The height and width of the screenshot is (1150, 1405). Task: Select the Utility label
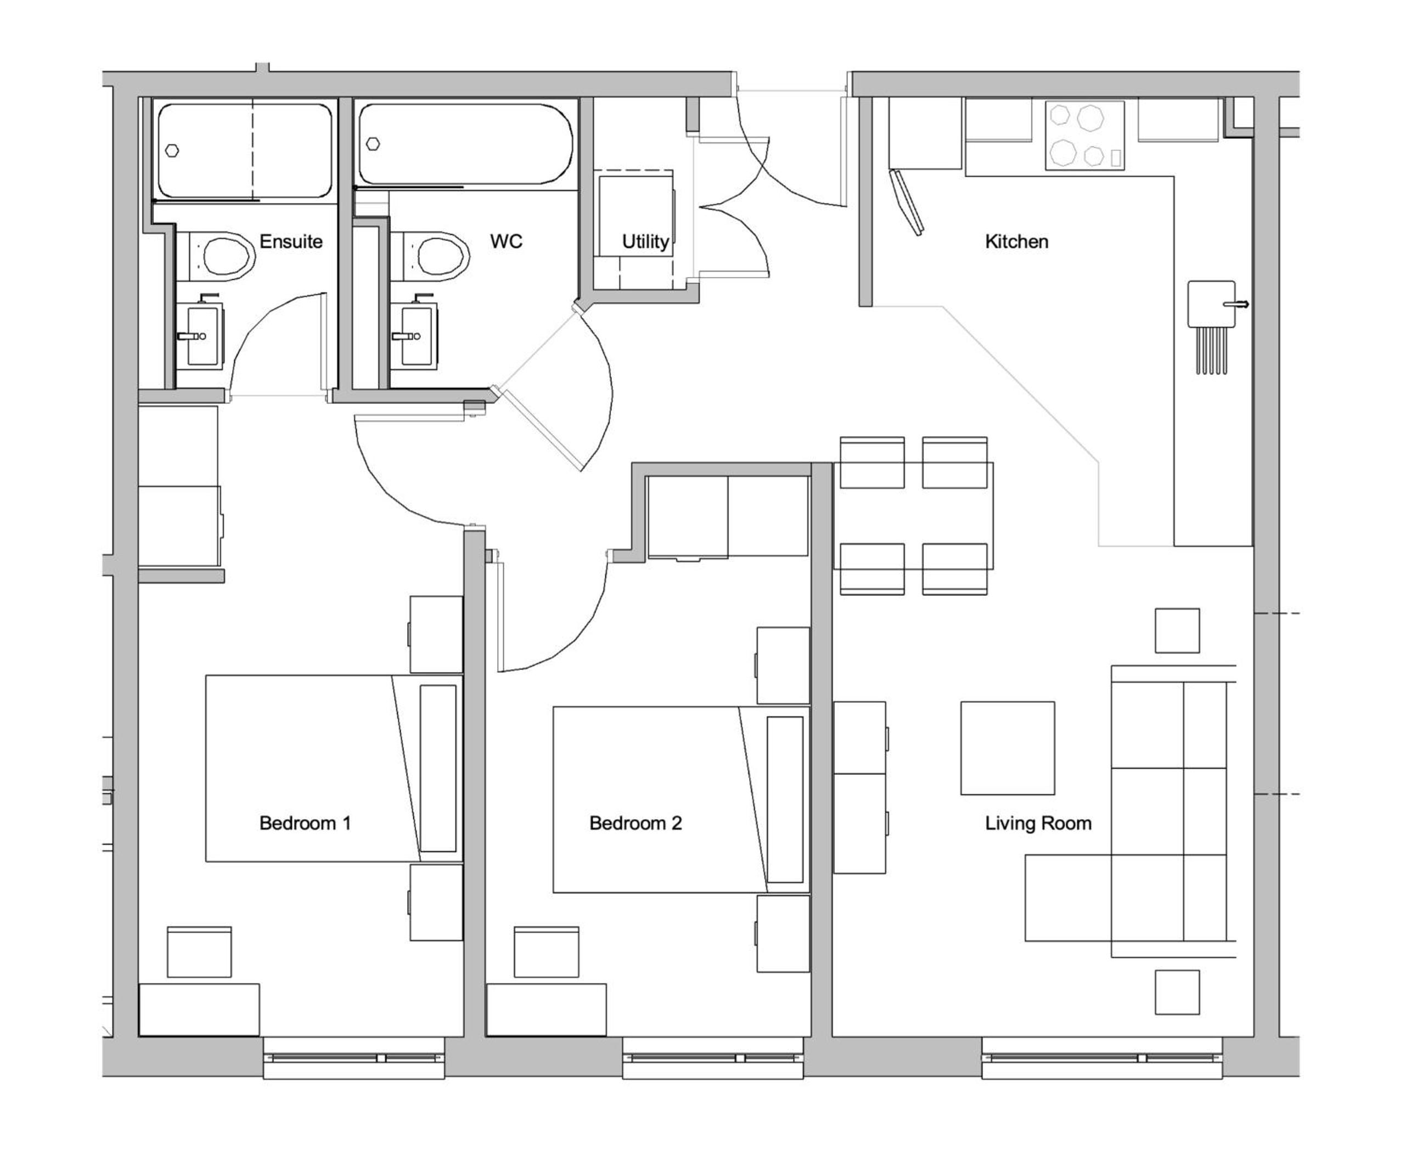pyautogui.click(x=645, y=242)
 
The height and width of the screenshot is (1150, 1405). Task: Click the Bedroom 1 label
pyautogui.click(x=305, y=823)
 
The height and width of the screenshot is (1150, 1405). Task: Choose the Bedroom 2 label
pyautogui.click(x=636, y=823)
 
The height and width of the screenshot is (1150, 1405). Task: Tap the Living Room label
pyautogui.click(x=1038, y=824)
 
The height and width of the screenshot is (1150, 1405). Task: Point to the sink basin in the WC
pyautogui.click(x=415, y=335)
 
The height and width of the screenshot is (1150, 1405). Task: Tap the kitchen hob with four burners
pyautogui.click(x=1085, y=135)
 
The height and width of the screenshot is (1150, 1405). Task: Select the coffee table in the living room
pyautogui.click(x=1007, y=748)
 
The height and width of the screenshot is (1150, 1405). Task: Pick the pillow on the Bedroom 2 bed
pyautogui.click(x=785, y=799)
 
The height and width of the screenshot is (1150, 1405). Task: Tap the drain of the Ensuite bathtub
pyautogui.click(x=172, y=150)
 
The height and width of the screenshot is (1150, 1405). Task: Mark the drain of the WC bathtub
pyautogui.click(x=373, y=144)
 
